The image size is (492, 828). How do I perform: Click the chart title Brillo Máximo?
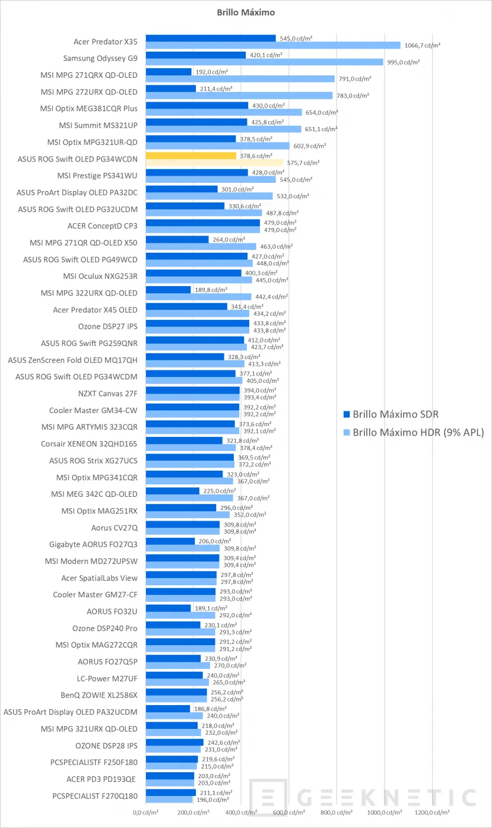tap(246, 12)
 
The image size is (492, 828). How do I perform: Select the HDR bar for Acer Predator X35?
tap(273, 45)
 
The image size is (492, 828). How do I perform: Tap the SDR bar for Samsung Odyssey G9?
tap(195, 55)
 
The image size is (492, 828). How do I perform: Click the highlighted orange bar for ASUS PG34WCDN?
tap(191, 156)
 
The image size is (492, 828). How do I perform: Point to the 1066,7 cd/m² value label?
tap(422, 45)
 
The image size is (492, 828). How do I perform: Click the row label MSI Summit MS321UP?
tap(98, 125)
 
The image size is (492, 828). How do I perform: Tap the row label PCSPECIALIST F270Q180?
tap(95, 795)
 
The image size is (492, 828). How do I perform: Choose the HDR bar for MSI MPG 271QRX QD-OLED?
tap(240, 78)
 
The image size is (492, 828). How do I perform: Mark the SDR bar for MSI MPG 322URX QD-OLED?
tap(168, 290)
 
